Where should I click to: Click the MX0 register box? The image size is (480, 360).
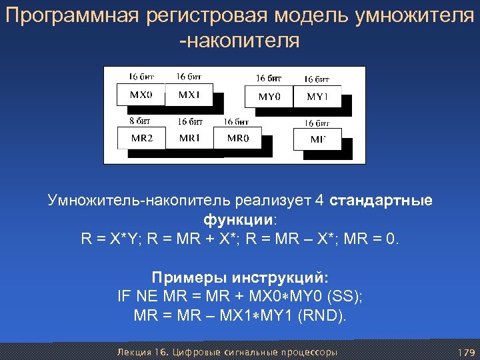click(x=141, y=95)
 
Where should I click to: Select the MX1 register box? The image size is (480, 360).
click(x=189, y=95)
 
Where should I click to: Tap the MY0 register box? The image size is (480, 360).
click(x=269, y=97)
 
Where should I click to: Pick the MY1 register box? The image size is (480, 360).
click(x=317, y=97)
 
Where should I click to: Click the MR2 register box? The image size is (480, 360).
click(x=141, y=138)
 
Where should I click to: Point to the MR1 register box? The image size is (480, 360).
click(x=189, y=138)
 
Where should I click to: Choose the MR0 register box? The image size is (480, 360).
click(x=237, y=138)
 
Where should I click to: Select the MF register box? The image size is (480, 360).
click(x=317, y=139)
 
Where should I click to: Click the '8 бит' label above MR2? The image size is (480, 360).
click(x=139, y=121)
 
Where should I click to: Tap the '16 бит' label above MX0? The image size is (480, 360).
click(x=141, y=76)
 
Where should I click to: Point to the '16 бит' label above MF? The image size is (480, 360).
click(x=317, y=123)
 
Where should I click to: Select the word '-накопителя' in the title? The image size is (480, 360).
click(x=240, y=41)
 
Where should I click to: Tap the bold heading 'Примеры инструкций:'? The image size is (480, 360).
click(x=240, y=277)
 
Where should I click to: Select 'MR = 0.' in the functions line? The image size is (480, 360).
click(x=373, y=238)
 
